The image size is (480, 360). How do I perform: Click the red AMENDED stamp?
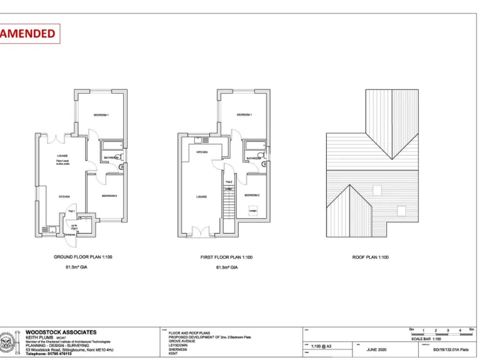coord(29,33)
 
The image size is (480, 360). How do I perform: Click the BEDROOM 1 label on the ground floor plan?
coord(101,116)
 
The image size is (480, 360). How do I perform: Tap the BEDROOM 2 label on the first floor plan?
coord(252,195)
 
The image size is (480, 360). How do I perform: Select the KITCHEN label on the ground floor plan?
coord(64,196)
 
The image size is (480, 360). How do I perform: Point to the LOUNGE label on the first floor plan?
coord(202,197)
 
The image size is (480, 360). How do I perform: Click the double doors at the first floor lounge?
coord(201,232)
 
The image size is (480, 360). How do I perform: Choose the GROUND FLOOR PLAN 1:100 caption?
coord(83,257)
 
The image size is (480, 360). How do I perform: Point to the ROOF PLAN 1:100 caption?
coord(371,257)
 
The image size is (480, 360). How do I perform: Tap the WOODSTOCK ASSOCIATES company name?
coord(61,332)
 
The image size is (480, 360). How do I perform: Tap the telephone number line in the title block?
coord(49,354)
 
